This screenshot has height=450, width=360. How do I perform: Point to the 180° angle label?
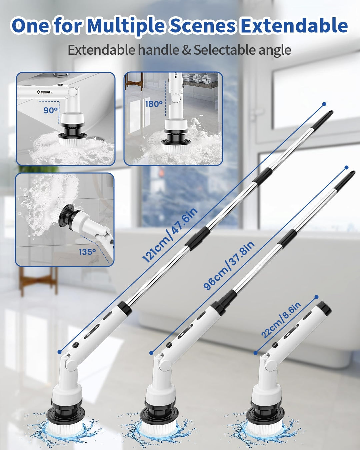(154, 104)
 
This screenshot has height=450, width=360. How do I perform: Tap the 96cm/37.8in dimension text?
(229, 266)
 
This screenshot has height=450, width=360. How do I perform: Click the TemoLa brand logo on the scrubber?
(45, 92)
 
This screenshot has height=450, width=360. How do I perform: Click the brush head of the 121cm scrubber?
(66, 426)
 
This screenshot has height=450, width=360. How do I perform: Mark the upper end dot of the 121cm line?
(324, 104)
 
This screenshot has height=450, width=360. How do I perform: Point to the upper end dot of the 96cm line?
(346, 167)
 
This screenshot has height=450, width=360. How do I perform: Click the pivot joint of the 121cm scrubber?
(70, 363)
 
